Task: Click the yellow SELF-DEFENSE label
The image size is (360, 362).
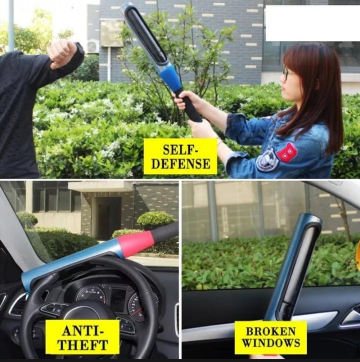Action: click(x=180, y=156)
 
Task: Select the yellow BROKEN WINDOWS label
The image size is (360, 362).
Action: click(x=270, y=337)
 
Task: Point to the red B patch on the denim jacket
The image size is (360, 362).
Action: click(x=287, y=152)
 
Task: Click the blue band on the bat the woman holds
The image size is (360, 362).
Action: click(x=171, y=78)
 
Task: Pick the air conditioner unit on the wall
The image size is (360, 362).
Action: click(x=93, y=47)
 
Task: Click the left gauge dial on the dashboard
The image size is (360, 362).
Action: click(x=91, y=293)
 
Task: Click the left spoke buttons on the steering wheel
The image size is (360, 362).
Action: click(x=54, y=308)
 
